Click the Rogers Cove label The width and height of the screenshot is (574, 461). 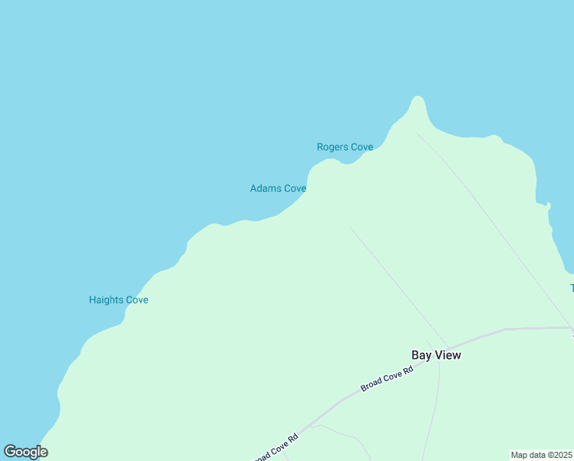[x=345, y=147]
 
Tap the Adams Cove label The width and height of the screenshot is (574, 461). [x=278, y=188]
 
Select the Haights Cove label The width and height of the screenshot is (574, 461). [x=118, y=300]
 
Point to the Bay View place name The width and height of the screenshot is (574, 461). [x=436, y=355]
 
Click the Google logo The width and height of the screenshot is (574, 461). [x=25, y=452]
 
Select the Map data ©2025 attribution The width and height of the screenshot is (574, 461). [x=541, y=455]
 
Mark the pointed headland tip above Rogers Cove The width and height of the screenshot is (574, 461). [x=417, y=99]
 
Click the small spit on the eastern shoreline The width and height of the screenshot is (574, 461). [x=548, y=205]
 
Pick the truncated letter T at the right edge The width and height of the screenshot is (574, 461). [x=572, y=288]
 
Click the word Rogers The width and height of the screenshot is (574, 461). [x=333, y=147]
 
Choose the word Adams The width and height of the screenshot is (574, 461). [x=266, y=188]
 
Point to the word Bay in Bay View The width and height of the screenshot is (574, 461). [x=421, y=355]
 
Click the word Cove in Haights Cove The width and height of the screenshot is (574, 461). [x=137, y=300]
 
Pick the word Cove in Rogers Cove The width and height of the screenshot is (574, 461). [x=362, y=147]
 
